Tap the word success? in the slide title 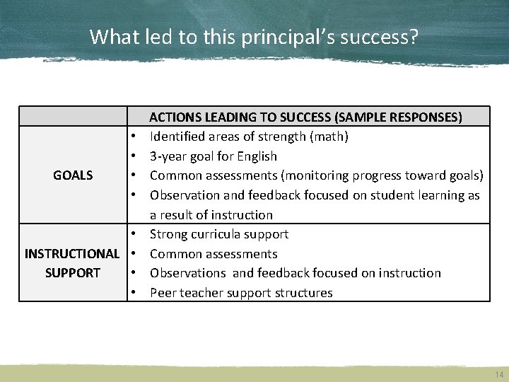(379, 37)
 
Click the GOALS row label (73, 175)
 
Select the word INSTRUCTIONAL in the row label (72, 253)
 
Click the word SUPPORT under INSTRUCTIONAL (73, 273)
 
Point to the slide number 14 (500, 375)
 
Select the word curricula (215, 234)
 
